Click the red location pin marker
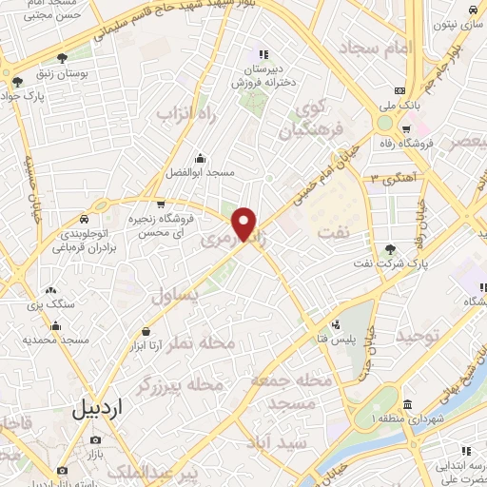tap(245, 224)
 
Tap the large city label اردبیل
tap(98, 410)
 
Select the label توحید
tap(420, 337)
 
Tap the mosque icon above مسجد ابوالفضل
tap(201, 159)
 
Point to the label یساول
tap(176, 296)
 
